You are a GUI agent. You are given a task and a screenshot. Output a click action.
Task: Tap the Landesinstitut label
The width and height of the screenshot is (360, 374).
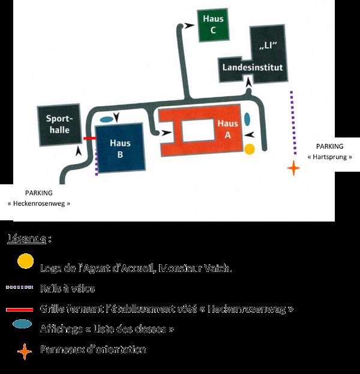coord(252,68)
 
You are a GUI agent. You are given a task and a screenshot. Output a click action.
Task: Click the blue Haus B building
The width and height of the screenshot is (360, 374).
coord(120,148)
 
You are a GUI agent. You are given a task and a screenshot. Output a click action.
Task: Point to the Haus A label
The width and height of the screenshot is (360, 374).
coord(227,129)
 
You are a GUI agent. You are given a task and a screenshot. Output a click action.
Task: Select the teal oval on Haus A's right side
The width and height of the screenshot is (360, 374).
coord(247,119)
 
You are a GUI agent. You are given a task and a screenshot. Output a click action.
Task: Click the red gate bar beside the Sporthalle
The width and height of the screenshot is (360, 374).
coord(89,138)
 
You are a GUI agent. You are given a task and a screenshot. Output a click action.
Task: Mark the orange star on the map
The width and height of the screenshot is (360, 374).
coord(293,167)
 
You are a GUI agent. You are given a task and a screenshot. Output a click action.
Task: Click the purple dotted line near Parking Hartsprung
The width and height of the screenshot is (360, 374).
coord(292,123)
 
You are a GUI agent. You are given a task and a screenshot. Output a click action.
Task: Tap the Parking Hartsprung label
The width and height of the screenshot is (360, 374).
coord(329,151)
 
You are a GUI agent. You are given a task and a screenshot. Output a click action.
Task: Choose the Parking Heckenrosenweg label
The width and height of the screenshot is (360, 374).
coord(39,198)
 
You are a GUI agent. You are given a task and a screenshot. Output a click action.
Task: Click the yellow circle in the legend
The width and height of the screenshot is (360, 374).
coord(25,261)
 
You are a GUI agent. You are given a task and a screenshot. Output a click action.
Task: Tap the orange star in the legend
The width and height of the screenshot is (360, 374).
coord(24,349)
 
